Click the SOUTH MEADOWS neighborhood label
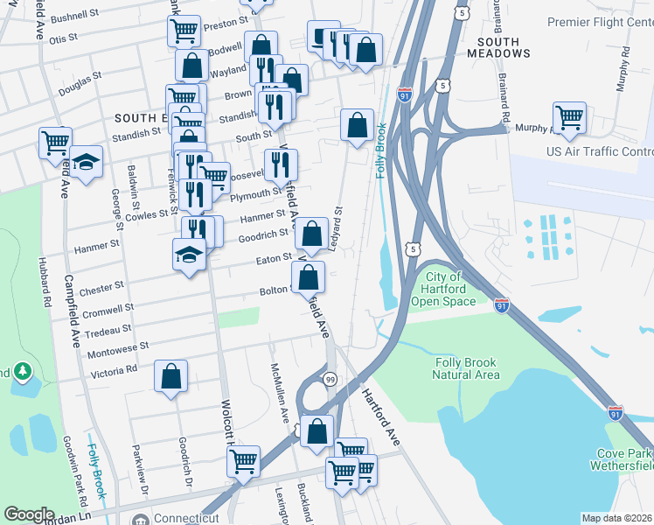pyautogui.click(x=503, y=47)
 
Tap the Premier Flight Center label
pyautogui.click(x=600, y=21)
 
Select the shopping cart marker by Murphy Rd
pyautogui.click(x=569, y=117)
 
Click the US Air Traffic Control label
pyautogui.click(x=599, y=152)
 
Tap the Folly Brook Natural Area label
pyautogui.click(x=466, y=368)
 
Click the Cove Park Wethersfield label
pyautogui.click(x=623, y=459)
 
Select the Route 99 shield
pyautogui.click(x=330, y=379)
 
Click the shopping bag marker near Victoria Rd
pyautogui.click(x=171, y=377)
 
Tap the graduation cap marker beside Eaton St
pyautogui.click(x=189, y=255)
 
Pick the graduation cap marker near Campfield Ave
pyautogui.click(x=86, y=163)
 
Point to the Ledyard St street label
pyautogui.click(x=338, y=224)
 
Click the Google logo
pyautogui.click(x=29, y=514)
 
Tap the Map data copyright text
pyautogui.click(x=616, y=518)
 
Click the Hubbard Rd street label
pyautogui.click(x=40, y=276)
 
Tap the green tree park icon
pyautogui.click(x=21, y=373)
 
